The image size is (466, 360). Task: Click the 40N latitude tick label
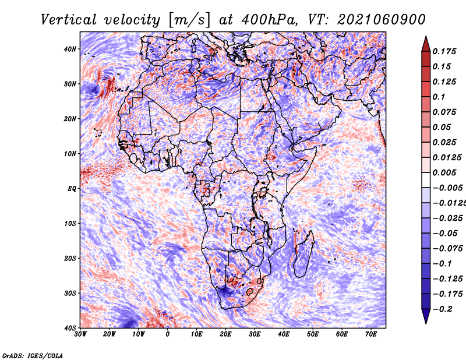tap(70, 49)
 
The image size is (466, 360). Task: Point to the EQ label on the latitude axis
tap(72, 189)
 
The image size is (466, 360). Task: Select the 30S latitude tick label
tap(70, 294)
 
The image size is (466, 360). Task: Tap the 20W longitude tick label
tap(110, 334)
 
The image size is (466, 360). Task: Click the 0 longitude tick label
tap(168, 334)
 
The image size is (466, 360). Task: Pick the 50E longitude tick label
tap(313, 334)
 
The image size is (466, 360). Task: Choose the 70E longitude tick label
tap(371, 334)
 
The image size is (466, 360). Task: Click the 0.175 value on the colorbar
tap(444, 51)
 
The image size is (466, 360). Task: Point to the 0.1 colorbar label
tap(439, 97)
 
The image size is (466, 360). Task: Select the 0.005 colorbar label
tap(444, 172)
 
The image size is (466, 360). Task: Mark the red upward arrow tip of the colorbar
tap(426, 37)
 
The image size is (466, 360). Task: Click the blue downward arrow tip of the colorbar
tap(426, 323)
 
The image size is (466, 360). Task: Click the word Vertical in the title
tap(69, 20)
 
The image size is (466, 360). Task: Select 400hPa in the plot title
tap(269, 20)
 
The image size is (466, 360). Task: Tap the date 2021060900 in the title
tap(382, 20)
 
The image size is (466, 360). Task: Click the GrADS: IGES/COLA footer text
tap(33, 355)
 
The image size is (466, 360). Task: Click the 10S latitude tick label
tap(70, 224)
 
